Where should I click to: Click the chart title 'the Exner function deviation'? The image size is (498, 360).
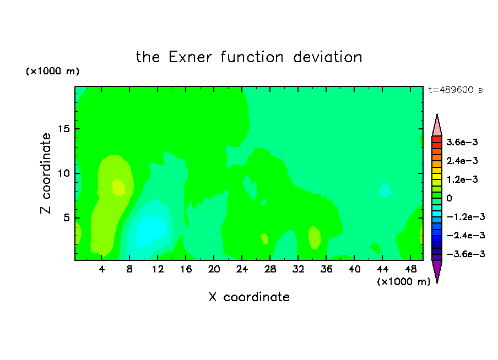(249, 57)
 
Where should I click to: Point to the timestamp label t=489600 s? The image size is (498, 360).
(456, 90)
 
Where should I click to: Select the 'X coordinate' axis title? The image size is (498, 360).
(249, 297)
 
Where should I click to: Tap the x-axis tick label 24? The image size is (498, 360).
(242, 269)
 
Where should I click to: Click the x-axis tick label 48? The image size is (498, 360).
(410, 269)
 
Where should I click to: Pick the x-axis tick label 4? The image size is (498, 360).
(101, 269)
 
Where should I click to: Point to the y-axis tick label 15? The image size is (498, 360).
(63, 129)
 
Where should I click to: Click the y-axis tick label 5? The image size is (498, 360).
(66, 218)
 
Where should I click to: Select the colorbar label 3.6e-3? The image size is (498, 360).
(462, 142)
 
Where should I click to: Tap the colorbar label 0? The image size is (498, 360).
(449, 198)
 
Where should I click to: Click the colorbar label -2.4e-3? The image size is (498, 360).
(465, 235)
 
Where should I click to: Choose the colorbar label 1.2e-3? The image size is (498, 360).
(462, 179)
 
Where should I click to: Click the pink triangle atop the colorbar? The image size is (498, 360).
(437, 127)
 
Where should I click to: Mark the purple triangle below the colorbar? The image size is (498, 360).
(437, 269)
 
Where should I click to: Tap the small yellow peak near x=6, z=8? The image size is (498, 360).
(118, 187)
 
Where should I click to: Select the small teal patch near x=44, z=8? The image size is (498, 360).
(385, 190)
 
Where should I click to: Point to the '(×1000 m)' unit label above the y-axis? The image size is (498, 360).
(52, 71)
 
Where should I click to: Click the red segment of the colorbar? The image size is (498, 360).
(437, 139)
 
